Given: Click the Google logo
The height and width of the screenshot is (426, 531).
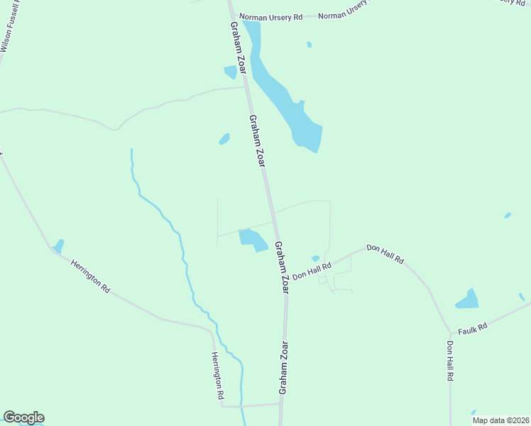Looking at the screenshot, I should coord(23,417).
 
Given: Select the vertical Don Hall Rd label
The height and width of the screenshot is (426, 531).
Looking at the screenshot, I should coord(449,361).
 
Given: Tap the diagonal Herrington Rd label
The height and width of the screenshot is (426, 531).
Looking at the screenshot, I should coord(90,276).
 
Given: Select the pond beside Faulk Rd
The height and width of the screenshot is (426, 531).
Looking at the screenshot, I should coord(468,300).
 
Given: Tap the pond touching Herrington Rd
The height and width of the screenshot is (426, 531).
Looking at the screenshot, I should coord(58,246).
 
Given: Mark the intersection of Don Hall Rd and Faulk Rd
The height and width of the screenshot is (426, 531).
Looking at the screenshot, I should coord(450,331).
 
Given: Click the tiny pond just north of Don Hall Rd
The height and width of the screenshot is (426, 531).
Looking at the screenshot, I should coord(315,258).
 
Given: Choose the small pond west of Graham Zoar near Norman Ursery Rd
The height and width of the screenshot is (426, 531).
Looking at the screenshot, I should coord(230,72).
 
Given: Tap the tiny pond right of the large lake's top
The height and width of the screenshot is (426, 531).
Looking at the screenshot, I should coord(309,45).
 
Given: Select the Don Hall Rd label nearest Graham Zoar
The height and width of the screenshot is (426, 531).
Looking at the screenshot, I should coord(312,271).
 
